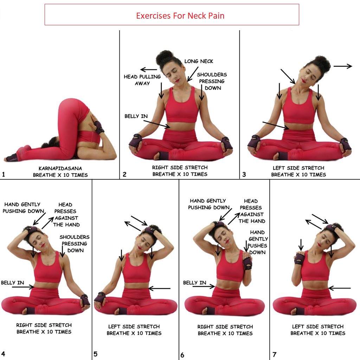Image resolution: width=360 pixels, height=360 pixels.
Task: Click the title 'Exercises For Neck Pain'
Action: point(180,16)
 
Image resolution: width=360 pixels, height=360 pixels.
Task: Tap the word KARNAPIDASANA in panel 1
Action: point(60,168)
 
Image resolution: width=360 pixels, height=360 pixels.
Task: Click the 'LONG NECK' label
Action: point(199,62)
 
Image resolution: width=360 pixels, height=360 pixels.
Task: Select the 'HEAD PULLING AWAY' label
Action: point(142,80)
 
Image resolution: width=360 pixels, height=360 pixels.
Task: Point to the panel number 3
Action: point(244,174)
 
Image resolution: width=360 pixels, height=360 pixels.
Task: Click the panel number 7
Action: point(275,354)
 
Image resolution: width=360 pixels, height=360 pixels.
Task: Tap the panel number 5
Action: point(95,354)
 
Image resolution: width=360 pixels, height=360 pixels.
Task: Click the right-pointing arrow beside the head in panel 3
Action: point(342,66)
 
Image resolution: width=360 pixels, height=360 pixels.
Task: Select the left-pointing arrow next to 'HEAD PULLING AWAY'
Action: point(148,70)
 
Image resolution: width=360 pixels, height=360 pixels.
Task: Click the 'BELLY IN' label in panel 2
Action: point(136,116)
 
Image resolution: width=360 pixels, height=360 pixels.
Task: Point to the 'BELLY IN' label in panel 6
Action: point(195,283)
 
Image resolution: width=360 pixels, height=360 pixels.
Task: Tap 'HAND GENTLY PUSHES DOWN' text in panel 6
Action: point(257,242)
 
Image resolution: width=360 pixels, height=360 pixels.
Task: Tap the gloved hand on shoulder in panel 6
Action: point(247,262)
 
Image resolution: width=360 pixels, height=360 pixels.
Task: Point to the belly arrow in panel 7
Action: point(340,288)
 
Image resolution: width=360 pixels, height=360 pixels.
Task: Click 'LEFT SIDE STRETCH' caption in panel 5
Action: point(134,327)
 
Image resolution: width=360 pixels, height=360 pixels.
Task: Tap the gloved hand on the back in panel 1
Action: point(98,127)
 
